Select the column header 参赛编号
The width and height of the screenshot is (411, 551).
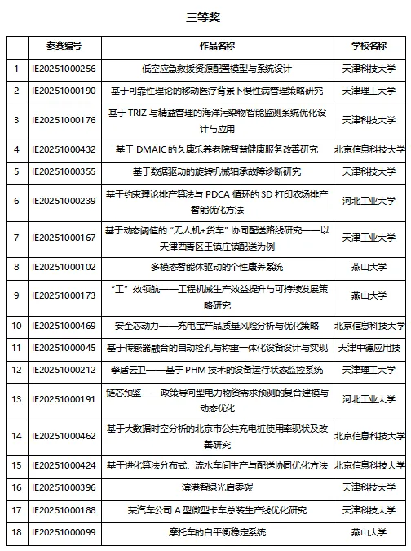[x=64, y=47]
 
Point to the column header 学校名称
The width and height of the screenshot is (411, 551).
[x=369, y=47]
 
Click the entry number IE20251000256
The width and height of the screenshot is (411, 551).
[x=64, y=69]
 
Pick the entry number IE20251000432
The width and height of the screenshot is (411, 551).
[x=64, y=149]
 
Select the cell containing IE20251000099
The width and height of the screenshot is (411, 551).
[x=64, y=532]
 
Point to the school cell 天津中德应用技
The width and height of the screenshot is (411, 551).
[x=369, y=348]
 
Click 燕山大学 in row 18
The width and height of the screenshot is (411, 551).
[x=369, y=532]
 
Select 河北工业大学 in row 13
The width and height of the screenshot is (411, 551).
[x=369, y=400]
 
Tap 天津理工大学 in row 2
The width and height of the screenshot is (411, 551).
[x=369, y=90]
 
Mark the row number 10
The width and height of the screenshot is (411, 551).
[x=16, y=326]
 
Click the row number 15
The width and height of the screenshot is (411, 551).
[x=16, y=465]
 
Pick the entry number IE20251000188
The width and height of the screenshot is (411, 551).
[x=64, y=510]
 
